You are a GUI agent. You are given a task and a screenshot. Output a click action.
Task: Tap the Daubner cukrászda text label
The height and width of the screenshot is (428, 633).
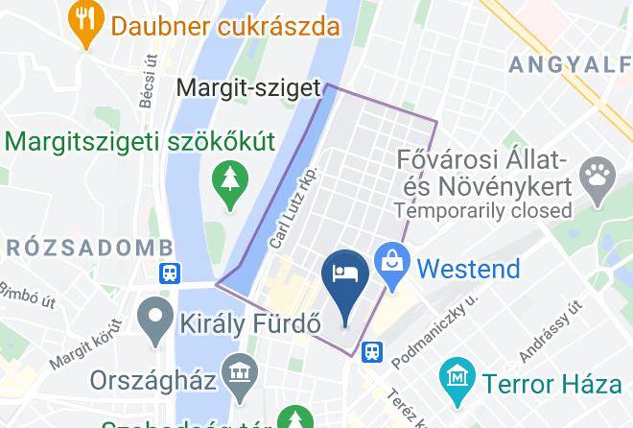click(x=226, y=24)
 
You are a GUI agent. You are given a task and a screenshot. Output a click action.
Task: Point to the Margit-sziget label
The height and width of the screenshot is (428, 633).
click(x=248, y=88)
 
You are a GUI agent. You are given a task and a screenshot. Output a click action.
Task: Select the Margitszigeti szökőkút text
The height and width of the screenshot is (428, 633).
click(x=141, y=141)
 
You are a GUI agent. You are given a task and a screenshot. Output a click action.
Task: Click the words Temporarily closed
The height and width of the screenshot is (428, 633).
click(x=482, y=209)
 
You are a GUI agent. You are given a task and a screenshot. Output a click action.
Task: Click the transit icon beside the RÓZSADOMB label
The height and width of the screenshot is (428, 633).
click(x=171, y=273)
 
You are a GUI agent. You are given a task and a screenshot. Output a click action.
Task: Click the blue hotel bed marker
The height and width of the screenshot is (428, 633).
click(x=345, y=276)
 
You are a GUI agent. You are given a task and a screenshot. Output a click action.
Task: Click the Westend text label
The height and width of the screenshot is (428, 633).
click(x=469, y=268)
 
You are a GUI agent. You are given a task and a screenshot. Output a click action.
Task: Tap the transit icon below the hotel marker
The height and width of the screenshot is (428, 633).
click(x=371, y=353)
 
